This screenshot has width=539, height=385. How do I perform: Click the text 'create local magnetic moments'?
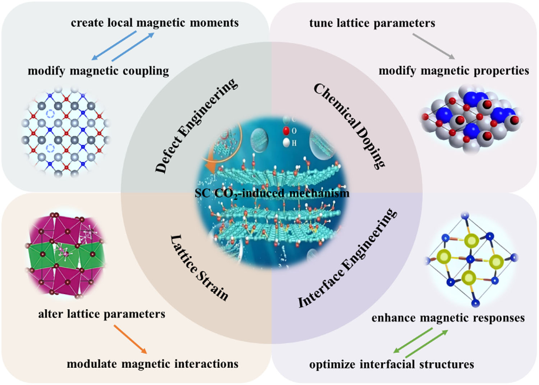155,23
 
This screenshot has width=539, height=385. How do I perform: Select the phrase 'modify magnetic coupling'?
98,71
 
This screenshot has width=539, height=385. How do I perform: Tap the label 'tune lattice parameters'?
372,23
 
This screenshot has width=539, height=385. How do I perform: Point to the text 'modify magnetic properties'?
454,71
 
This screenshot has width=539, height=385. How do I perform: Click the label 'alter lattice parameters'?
102,314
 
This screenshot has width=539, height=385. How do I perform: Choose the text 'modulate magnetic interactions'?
153,364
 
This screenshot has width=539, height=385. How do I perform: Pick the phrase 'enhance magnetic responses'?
448,318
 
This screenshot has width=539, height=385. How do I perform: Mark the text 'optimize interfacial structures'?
392,365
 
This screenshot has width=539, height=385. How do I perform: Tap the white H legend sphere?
286,143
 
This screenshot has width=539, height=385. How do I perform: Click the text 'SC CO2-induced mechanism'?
272,193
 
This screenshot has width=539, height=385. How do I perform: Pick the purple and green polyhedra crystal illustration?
66,253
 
